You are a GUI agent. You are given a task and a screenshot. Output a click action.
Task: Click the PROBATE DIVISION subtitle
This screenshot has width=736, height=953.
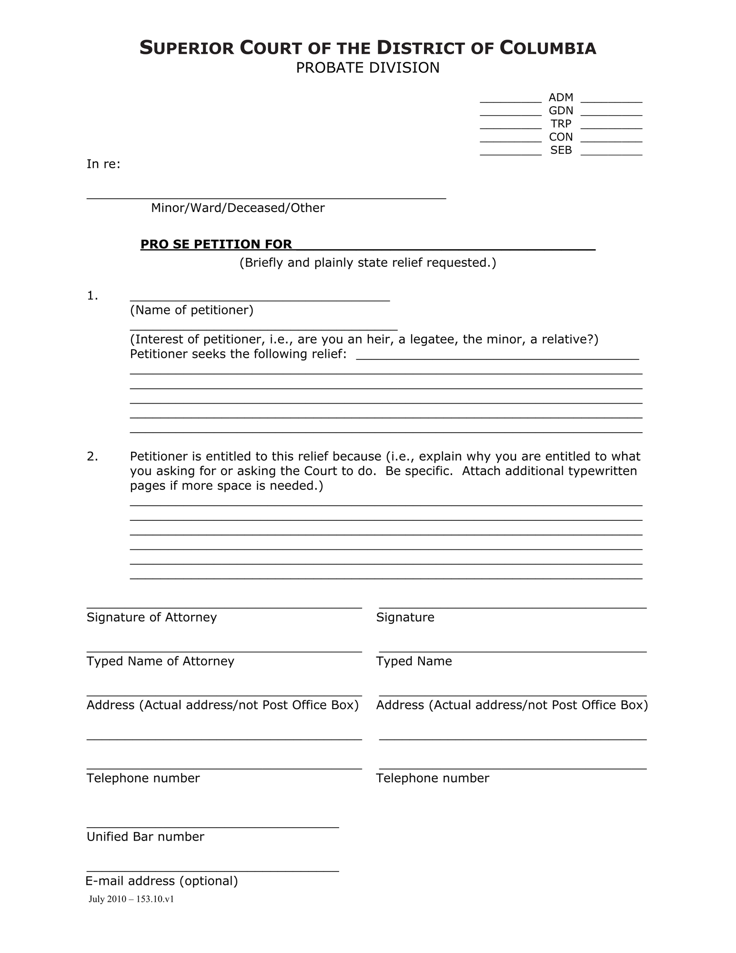(367, 68)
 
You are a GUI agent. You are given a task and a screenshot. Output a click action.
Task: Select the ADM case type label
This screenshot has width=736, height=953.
(561, 98)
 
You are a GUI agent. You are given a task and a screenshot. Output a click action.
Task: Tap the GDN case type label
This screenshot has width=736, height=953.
(561, 111)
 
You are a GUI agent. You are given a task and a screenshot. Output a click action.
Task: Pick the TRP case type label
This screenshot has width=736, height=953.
(561, 124)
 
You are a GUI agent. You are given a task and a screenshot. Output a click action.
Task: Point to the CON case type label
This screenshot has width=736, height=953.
(561, 137)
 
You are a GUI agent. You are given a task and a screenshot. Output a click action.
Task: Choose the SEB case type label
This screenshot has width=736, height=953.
(561, 150)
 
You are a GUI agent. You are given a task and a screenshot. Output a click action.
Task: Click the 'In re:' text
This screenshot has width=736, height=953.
(103, 164)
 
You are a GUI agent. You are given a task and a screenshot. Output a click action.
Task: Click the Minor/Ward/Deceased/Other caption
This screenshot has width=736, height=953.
(238, 208)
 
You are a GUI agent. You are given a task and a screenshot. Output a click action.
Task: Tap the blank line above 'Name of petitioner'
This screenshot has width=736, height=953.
(260, 298)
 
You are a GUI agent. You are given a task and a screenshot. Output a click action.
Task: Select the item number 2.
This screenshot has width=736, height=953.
(92, 456)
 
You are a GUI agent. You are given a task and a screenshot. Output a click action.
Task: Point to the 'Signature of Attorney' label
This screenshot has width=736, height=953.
(151, 618)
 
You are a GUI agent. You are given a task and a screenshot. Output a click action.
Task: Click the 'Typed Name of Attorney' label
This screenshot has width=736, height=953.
(160, 661)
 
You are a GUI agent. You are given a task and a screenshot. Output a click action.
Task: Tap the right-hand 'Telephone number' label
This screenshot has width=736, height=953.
(432, 778)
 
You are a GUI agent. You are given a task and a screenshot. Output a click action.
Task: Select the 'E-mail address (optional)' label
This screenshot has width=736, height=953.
(161, 881)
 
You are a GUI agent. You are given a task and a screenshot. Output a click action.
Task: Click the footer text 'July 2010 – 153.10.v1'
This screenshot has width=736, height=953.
(131, 900)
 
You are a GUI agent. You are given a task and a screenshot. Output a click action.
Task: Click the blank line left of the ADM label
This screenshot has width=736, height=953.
(510, 101)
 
